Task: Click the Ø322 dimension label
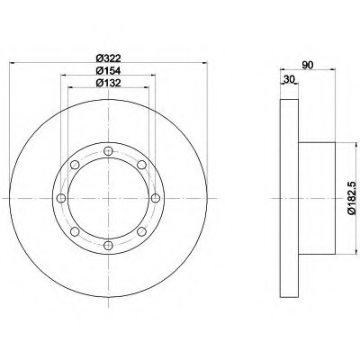tap(108, 58)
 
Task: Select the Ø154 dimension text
tap(108, 70)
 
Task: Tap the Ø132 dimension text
tap(108, 83)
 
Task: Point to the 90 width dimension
tap(308, 65)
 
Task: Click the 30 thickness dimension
tap(289, 79)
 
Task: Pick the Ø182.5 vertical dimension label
tap(352, 198)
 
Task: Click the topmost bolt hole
tap(108, 151)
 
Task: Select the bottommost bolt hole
tap(108, 245)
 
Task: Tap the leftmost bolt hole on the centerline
tap(61, 198)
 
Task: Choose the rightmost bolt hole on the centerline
tap(156, 198)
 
